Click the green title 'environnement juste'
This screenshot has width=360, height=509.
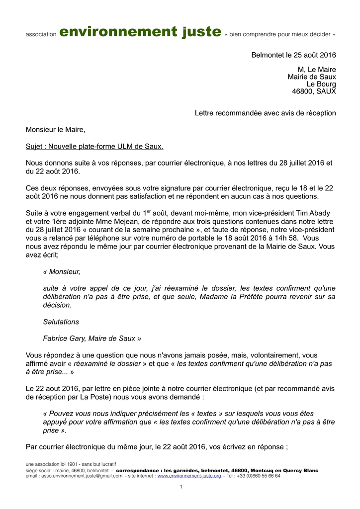(140, 32)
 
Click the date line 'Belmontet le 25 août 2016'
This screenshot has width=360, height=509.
(293, 55)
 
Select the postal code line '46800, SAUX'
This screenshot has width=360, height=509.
(314, 91)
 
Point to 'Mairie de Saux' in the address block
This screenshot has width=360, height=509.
(312, 77)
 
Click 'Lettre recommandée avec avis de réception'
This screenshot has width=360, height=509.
(265, 113)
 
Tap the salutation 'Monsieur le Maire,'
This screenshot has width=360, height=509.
(56, 130)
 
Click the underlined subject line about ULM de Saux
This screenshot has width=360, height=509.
(94, 147)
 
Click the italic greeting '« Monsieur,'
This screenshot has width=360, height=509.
(62, 272)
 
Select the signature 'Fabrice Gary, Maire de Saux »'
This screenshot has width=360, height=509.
(92, 339)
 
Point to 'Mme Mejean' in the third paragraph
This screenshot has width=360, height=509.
(109, 222)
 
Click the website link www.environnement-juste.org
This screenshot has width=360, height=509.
(189, 476)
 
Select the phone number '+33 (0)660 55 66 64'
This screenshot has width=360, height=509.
(259, 476)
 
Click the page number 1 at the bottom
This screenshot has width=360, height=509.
(181, 487)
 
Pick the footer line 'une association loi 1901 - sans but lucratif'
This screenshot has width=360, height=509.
(71, 464)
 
